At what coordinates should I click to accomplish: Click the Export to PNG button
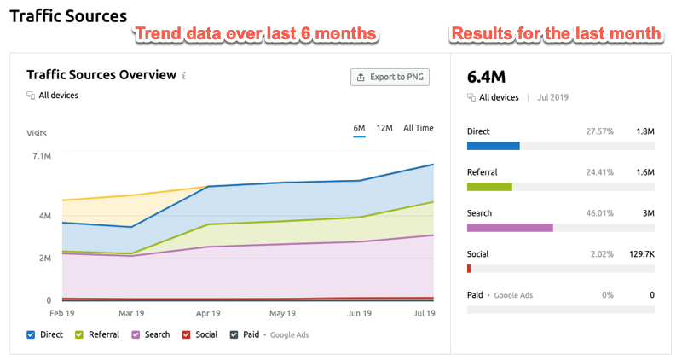point(390,77)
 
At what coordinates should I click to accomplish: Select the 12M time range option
point(384,128)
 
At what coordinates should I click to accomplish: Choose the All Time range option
point(418,128)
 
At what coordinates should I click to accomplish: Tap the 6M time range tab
point(359,128)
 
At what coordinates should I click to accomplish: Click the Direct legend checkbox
point(32,334)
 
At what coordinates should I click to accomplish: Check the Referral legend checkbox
point(80,334)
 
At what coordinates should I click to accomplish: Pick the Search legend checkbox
point(135,334)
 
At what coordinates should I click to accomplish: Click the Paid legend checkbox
point(234,334)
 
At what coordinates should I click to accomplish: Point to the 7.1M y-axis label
point(40,156)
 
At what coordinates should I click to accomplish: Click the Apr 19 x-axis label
point(210,314)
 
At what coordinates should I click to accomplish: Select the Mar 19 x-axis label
point(130,314)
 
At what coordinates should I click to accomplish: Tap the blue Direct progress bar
point(494,146)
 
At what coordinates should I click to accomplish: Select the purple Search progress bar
point(510,228)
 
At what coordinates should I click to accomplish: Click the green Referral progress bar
point(489,187)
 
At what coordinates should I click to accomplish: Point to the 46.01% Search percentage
point(599,213)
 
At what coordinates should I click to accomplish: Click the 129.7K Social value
point(639,254)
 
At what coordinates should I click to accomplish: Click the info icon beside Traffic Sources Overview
point(183,76)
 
